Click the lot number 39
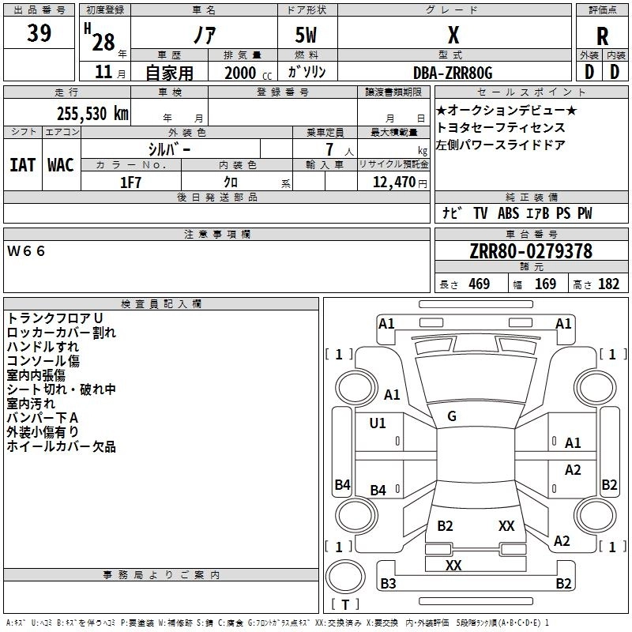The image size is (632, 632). click(39, 32)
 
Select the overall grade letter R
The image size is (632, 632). click(602, 36)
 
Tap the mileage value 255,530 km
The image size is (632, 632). click(92, 113)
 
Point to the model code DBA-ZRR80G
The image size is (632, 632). click(453, 73)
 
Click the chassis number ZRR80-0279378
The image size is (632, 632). click(531, 251)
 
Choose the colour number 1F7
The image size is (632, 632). click(130, 182)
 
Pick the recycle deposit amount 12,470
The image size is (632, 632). click(393, 182)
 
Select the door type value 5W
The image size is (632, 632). click(306, 35)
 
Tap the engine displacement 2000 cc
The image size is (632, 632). click(248, 73)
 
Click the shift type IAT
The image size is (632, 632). click(22, 165)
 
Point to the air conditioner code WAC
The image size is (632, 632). click(61, 165)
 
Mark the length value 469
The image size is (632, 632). click(480, 284)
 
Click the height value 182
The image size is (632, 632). click(608, 284)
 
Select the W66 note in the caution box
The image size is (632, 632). click(26, 251)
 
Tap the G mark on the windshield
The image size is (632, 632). click(452, 416)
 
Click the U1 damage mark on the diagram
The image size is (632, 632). click(378, 423)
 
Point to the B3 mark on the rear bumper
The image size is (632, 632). click(388, 583)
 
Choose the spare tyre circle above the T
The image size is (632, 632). click(345, 577)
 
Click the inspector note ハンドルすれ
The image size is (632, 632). click(43, 346)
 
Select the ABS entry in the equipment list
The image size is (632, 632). click(508, 213)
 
